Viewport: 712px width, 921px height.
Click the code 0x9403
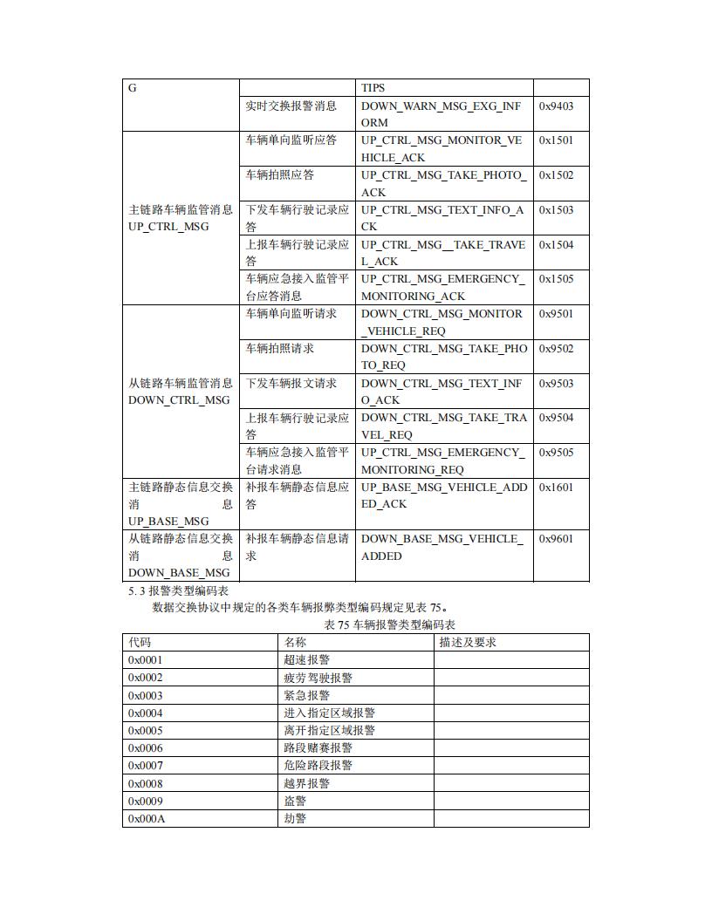[556, 106]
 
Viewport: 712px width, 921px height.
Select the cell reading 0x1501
[556, 140]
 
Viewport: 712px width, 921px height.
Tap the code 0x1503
[556, 210]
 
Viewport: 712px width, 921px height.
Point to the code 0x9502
[556, 349]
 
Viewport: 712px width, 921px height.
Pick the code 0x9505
[556, 453]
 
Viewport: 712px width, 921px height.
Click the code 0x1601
[556, 488]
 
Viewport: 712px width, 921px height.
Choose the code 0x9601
[556, 539]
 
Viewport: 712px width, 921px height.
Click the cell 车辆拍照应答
[279, 175]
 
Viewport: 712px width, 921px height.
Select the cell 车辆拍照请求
[279, 349]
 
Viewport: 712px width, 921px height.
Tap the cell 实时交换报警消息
[291, 106]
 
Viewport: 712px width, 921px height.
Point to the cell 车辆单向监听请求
[291, 314]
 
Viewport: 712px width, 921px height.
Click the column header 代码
[140, 643]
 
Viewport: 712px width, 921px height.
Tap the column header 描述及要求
[468, 643]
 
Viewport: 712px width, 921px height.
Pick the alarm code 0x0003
[146, 696]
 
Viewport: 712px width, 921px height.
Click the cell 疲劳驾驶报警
[318, 678]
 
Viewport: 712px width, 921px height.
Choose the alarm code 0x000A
[147, 819]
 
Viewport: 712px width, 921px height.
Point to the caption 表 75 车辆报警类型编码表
[389, 624]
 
